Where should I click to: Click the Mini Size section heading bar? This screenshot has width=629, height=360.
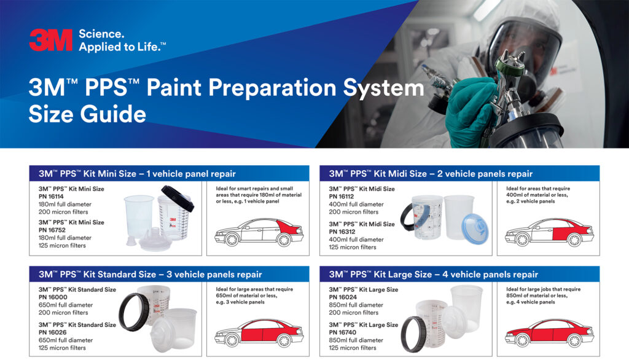pyautogui.click(x=169, y=174)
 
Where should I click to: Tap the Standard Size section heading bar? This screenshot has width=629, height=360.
pyautogui.click(x=169, y=274)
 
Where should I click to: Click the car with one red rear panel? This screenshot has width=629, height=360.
pyautogui.click(x=259, y=230)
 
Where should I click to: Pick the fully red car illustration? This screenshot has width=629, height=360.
pyautogui.click(x=549, y=331)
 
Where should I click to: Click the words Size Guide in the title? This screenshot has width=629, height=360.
pyautogui.click(x=87, y=114)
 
